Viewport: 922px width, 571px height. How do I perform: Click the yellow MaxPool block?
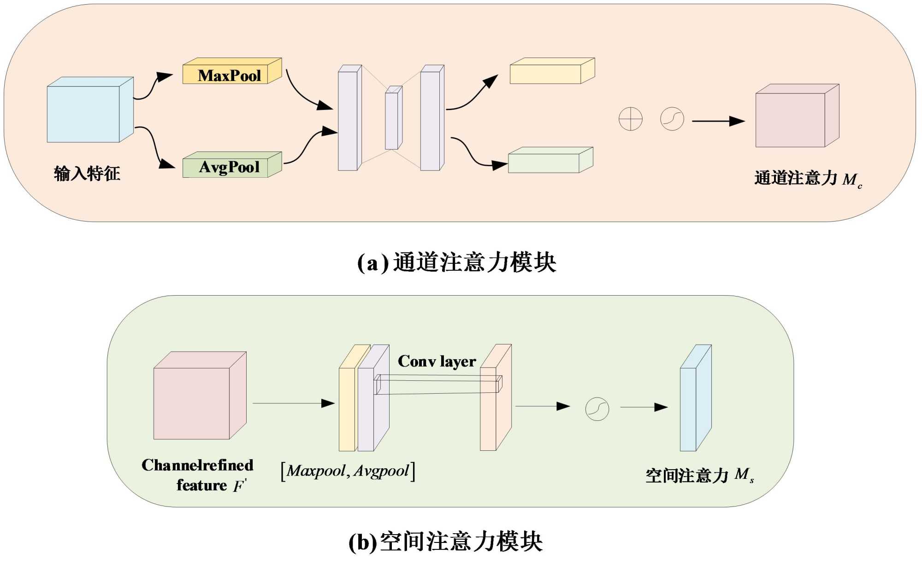click(230, 75)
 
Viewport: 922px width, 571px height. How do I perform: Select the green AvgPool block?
click(230, 167)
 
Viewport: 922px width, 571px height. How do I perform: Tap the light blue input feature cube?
click(85, 113)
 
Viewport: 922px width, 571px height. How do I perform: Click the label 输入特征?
click(87, 174)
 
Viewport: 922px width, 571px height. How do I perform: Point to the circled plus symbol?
click(630, 119)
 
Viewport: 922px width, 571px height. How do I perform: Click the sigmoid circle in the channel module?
click(672, 119)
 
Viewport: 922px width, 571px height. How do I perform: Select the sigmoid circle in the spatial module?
click(597, 409)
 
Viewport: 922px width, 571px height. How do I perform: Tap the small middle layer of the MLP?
click(392, 120)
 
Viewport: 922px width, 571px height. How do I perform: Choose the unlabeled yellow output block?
click(549, 73)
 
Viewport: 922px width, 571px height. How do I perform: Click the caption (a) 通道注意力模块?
click(456, 262)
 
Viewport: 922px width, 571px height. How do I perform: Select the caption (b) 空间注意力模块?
click(445, 542)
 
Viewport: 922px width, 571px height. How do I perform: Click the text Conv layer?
click(437, 361)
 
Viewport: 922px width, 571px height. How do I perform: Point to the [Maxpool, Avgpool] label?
click(348, 471)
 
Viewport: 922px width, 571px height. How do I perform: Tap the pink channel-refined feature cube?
click(194, 401)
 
